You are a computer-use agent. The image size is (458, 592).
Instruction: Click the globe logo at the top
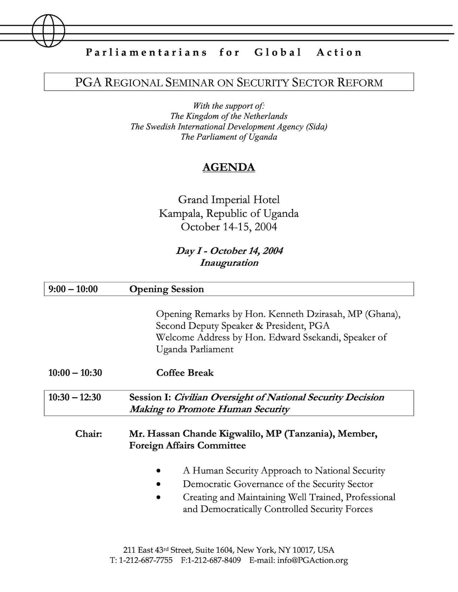(49, 30)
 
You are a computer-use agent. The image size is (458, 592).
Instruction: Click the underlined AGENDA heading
(229, 167)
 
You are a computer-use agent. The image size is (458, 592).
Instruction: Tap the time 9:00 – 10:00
(73, 289)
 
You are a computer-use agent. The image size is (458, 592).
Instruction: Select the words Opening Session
(166, 289)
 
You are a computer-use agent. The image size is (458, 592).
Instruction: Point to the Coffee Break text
(185, 373)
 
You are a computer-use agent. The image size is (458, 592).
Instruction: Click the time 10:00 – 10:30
(75, 373)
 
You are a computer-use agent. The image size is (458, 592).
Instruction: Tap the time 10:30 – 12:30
(74, 397)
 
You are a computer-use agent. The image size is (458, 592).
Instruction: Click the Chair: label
(88, 434)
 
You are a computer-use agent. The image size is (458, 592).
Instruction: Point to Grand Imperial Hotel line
(229, 199)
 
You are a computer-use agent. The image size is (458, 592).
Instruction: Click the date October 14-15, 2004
(229, 227)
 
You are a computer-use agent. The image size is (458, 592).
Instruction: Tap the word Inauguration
(229, 263)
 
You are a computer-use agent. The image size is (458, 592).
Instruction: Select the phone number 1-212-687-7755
(146, 560)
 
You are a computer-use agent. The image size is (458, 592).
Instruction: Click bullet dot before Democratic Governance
(159, 484)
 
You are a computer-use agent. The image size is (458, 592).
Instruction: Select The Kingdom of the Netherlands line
(229, 116)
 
